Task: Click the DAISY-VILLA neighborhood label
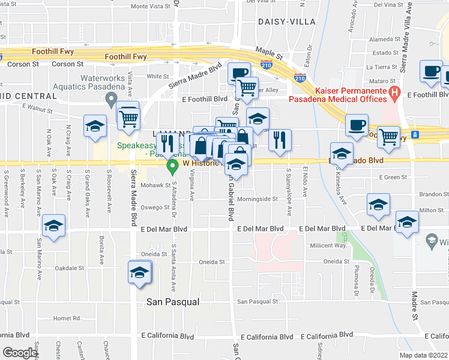(x=282, y=21)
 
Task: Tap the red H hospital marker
(x=394, y=92)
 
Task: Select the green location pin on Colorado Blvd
(x=173, y=164)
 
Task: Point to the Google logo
(x=20, y=353)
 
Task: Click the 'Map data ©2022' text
(x=423, y=355)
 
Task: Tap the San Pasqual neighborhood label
(x=173, y=302)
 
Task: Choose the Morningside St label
(x=257, y=199)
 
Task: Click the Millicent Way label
(x=328, y=245)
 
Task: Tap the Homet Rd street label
(x=66, y=319)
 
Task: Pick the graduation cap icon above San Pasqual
(x=140, y=272)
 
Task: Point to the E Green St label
(x=393, y=177)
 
